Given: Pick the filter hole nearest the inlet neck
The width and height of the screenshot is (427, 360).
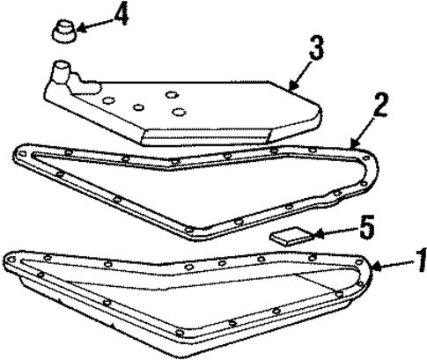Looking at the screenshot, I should [107, 100].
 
